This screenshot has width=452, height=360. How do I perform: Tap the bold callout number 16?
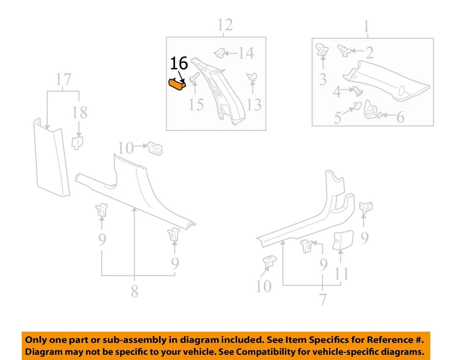pyautogui.click(x=178, y=64)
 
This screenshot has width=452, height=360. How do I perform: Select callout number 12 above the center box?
pyautogui.click(x=225, y=24)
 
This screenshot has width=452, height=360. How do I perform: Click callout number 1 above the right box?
pyautogui.click(x=366, y=27)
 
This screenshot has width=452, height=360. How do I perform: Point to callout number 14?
pyautogui.click(x=245, y=52)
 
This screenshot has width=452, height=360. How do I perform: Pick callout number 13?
pyautogui.click(x=254, y=104)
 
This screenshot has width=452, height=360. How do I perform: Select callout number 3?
pyautogui.click(x=323, y=79)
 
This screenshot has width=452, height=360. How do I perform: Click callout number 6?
pyautogui.click(x=400, y=117)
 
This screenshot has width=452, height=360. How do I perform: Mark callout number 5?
pyautogui.click(x=338, y=118)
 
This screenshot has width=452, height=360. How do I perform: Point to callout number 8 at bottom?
pyautogui.click(x=135, y=292)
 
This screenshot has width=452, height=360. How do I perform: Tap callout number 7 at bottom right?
pyautogui.click(x=323, y=299)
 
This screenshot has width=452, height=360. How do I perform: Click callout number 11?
pyautogui.click(x=341, y=274)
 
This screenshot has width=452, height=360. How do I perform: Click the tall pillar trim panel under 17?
pyautogui.click(x=51, y=158)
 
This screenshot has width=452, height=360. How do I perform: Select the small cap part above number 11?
pyautogui.click(x=340, y=240)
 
